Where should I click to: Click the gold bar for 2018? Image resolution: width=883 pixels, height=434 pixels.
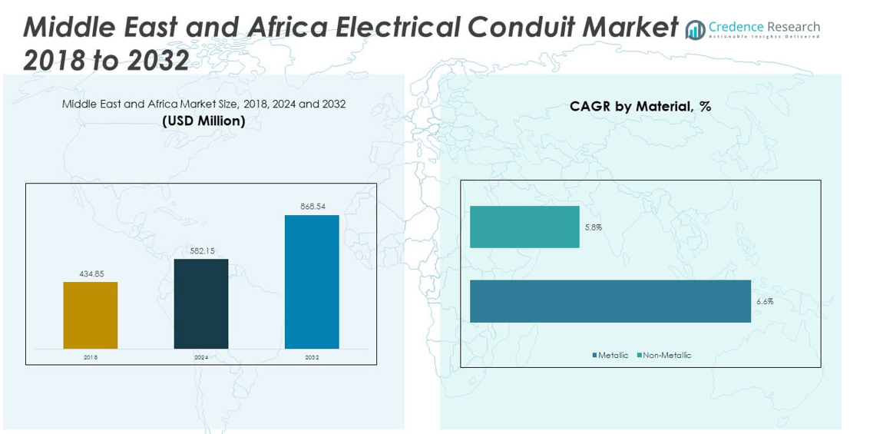click(91, 315)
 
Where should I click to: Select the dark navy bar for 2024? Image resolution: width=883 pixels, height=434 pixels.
click(201, 303)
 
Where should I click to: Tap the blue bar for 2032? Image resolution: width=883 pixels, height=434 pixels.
click(312, 281)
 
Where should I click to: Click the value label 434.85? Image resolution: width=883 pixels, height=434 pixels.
click(91, 273)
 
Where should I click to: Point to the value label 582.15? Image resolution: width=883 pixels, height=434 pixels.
click(201, 250)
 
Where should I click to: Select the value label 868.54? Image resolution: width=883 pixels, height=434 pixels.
click(312, 207)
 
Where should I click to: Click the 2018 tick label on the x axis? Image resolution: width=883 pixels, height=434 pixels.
click(91, 357)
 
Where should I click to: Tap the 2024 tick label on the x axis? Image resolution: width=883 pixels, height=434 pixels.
click(201, 357)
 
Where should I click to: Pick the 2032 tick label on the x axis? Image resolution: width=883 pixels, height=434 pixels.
click(312, 357)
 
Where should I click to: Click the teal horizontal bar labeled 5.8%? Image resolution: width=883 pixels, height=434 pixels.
click(524, 227)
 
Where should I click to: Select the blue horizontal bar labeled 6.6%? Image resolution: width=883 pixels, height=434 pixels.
click(610, 301)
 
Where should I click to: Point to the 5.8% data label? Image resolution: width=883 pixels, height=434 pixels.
click(593, 227)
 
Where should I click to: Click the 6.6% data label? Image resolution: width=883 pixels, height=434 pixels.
click(764, 302)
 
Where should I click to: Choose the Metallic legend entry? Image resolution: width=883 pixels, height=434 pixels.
click(610, 355)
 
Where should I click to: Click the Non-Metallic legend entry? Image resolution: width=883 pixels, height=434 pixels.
click(664, 355)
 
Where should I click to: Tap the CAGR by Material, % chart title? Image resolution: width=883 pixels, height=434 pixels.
click(640, 107)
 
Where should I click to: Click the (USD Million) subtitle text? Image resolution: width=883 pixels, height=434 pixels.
click(203, 121)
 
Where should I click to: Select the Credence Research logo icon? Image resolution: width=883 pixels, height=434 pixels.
click(695, 30)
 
